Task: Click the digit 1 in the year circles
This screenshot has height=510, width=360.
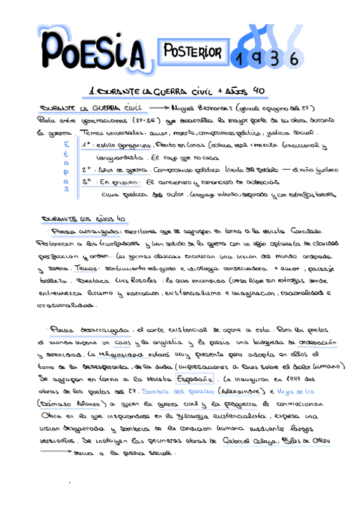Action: point(240,58)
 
